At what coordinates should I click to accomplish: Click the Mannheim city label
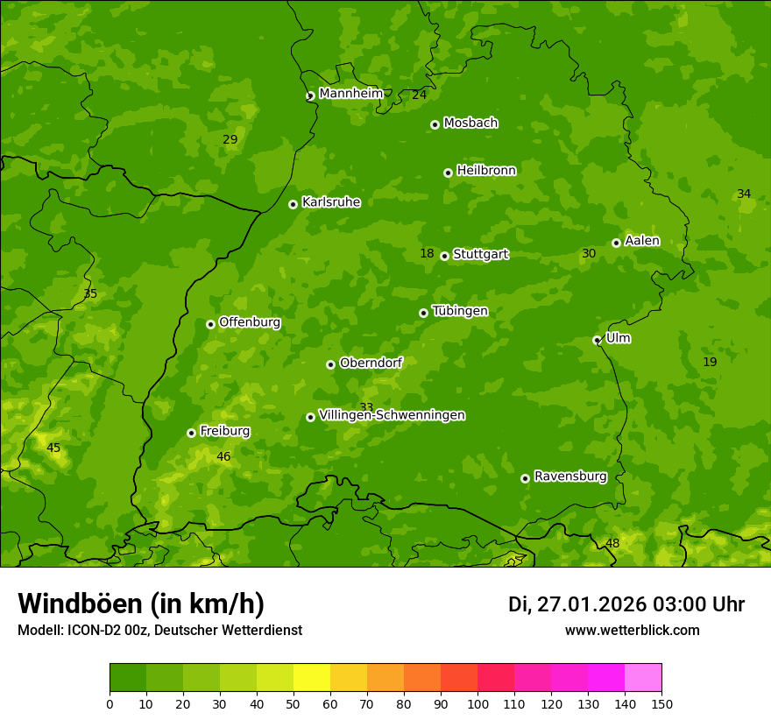tap(351, 94)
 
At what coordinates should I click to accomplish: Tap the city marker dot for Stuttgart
tap(445, 256)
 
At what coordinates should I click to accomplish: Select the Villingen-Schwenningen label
tap(392, 415)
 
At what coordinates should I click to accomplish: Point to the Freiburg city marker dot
tap(191, 433)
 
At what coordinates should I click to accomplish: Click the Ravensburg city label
tap(570, 476)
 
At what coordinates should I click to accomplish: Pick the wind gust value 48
tap(612, 544)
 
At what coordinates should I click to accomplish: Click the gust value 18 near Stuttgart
tap(427, 254)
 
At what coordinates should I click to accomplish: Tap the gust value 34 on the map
tap(744, 194)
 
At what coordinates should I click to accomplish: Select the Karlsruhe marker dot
tap(293, 204)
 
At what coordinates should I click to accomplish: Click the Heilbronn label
tap(486, 171)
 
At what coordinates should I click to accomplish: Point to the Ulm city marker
tap(598, 340)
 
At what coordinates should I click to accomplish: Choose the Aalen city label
tap(642, 241)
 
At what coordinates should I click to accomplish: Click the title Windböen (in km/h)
tap(141, 603)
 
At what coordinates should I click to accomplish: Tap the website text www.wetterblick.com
tap(632, 630)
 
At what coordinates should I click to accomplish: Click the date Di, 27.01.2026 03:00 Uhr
tap(626, 604)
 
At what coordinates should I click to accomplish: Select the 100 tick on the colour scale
tap(477, 703)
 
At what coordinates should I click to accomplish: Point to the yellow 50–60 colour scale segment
tap(312, 678)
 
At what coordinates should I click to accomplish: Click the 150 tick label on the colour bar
tap(661, 703)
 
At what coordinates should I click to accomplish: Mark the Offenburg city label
tap(250, 322)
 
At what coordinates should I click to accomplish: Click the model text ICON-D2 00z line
tap(159, 630)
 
